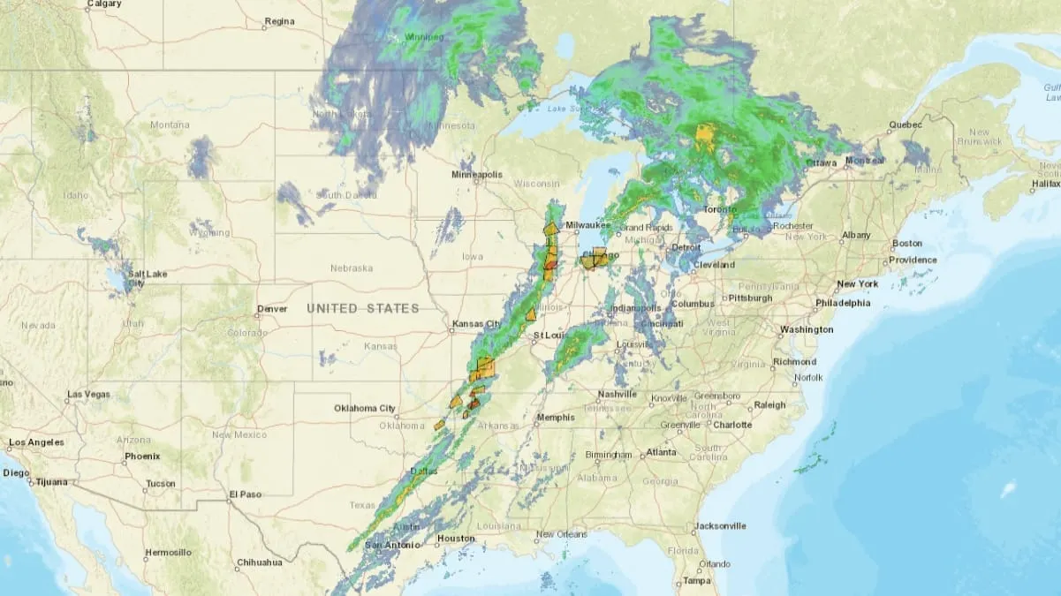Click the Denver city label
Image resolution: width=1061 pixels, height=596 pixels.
pyautogui.click(x=272, y=310)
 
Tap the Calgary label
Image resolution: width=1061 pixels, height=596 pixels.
pyautogui.click(x=104, y=4)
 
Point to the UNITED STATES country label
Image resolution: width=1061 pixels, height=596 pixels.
pyautogui.click(x=363, y=308)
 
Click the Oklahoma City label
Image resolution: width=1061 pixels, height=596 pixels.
pyautogui.click(x=364, y=408)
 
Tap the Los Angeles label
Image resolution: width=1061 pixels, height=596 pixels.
pyautogui.click(x=36, y=442)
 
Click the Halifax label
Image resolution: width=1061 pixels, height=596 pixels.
pyautogui.click(x=1045, y=184)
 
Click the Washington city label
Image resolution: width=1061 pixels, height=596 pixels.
pyautogui.click(x=806, y=329)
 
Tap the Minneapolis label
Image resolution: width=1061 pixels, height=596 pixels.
pyautogui.click(x=477, y=175)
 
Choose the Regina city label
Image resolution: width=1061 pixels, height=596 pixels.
pyautogui.click(x=279, y=20)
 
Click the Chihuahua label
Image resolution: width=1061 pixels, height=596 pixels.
pyautogui.click(x=259, y=562)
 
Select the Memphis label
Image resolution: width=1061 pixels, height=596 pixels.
pyautogui.click(x=555, y=418)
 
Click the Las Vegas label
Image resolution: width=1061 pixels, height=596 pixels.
pyautogui.click(x=88, y=394)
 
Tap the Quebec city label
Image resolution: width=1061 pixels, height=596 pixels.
pyautogui.click(x=905, y=124)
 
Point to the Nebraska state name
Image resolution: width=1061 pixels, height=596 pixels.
pyautogui.click(x=351, y=268)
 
